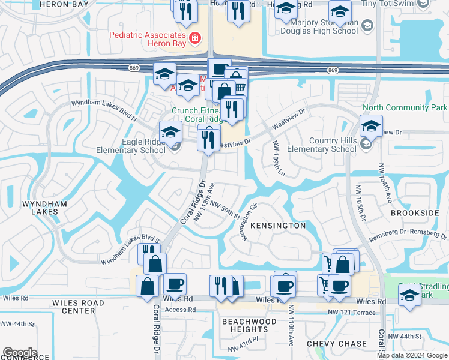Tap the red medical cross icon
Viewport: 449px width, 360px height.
(194, 40)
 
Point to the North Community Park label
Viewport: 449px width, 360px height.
(405, 107)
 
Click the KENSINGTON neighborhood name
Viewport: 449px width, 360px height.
(278, 226)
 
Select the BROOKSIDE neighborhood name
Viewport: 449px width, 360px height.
(415, 213)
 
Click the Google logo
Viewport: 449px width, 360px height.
(20, 353)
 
